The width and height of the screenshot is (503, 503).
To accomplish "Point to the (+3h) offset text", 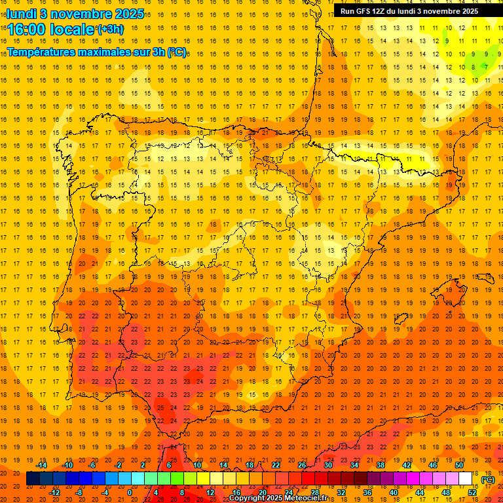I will tap(109, 29).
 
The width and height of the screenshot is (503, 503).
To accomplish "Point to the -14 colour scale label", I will tap(41, 465).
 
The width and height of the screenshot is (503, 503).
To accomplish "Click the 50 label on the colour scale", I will tap(459, 465).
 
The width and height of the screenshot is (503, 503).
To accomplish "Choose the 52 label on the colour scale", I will tap(472, 493).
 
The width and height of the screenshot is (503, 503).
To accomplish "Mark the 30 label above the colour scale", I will tap(327, 465).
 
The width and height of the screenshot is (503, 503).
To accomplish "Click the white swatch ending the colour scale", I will tap(465, 479).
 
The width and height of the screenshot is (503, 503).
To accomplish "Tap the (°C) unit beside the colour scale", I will tap(488, 479).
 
